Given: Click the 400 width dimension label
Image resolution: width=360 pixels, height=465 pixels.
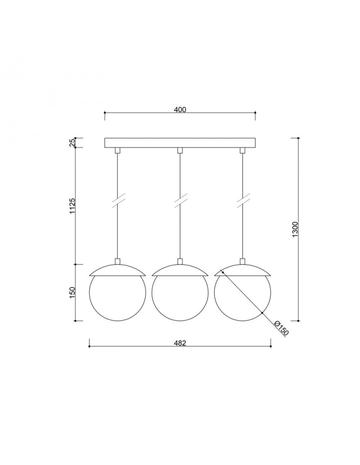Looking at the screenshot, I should click(180, 110).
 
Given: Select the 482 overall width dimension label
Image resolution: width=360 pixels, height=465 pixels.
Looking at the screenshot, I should click(180, 343).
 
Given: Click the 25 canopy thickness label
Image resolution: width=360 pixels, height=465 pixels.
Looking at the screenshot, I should click(73, 143).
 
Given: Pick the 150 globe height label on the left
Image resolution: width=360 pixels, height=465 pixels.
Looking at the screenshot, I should click(73, 293).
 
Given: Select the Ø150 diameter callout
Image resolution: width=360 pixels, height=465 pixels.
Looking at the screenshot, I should click(280, 328).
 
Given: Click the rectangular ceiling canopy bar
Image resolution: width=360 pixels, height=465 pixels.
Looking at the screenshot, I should click(180, 143).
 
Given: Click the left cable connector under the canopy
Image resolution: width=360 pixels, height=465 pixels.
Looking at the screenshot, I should click(118, 150).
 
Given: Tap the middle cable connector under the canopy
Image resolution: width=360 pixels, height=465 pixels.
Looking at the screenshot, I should click(180, 150).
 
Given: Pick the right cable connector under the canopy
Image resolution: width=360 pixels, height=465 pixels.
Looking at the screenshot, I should click(242, 150).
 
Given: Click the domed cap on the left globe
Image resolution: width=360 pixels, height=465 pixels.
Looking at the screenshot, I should click(118, 271).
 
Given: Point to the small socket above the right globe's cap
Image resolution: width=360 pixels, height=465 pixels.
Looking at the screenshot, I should click(242, 261).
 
